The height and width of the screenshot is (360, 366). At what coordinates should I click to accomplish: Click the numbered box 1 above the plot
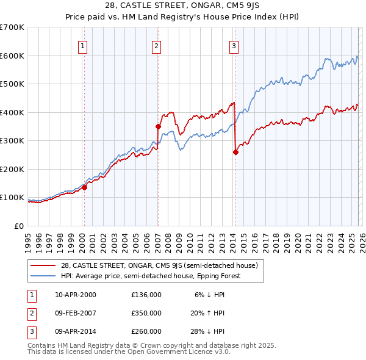tap(82, 45)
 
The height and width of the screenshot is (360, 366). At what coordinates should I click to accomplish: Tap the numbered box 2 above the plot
tap(157, 45)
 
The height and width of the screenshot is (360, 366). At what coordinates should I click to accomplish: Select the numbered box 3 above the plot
tap(234, 45)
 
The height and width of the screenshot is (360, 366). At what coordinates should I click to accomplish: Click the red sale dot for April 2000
tap(85, 187)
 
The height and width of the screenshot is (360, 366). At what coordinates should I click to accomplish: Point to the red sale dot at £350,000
tap(158, 127)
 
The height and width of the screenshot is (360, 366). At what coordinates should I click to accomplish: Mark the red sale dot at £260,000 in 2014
tap(235, 153)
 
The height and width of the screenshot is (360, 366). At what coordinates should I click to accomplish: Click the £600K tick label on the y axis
tap(12, 56)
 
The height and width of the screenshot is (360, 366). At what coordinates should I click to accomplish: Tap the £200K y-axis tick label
tap(12, 169)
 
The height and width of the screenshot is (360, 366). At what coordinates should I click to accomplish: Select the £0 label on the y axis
tap(20, 226)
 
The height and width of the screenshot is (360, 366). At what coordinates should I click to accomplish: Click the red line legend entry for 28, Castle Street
tap(159, 265)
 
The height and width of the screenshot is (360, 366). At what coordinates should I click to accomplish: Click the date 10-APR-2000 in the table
tap(76, 295)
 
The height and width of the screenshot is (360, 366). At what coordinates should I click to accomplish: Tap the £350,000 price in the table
tap(146, 313)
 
